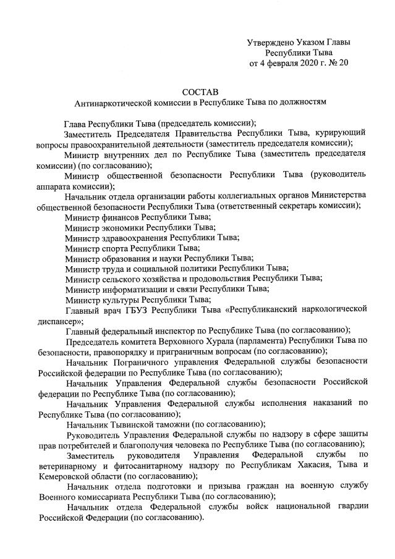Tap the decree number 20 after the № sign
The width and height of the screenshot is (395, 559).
click(344, 64)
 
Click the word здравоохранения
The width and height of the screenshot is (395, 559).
click(134, 238)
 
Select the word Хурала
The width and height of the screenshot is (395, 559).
click(239, 340)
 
